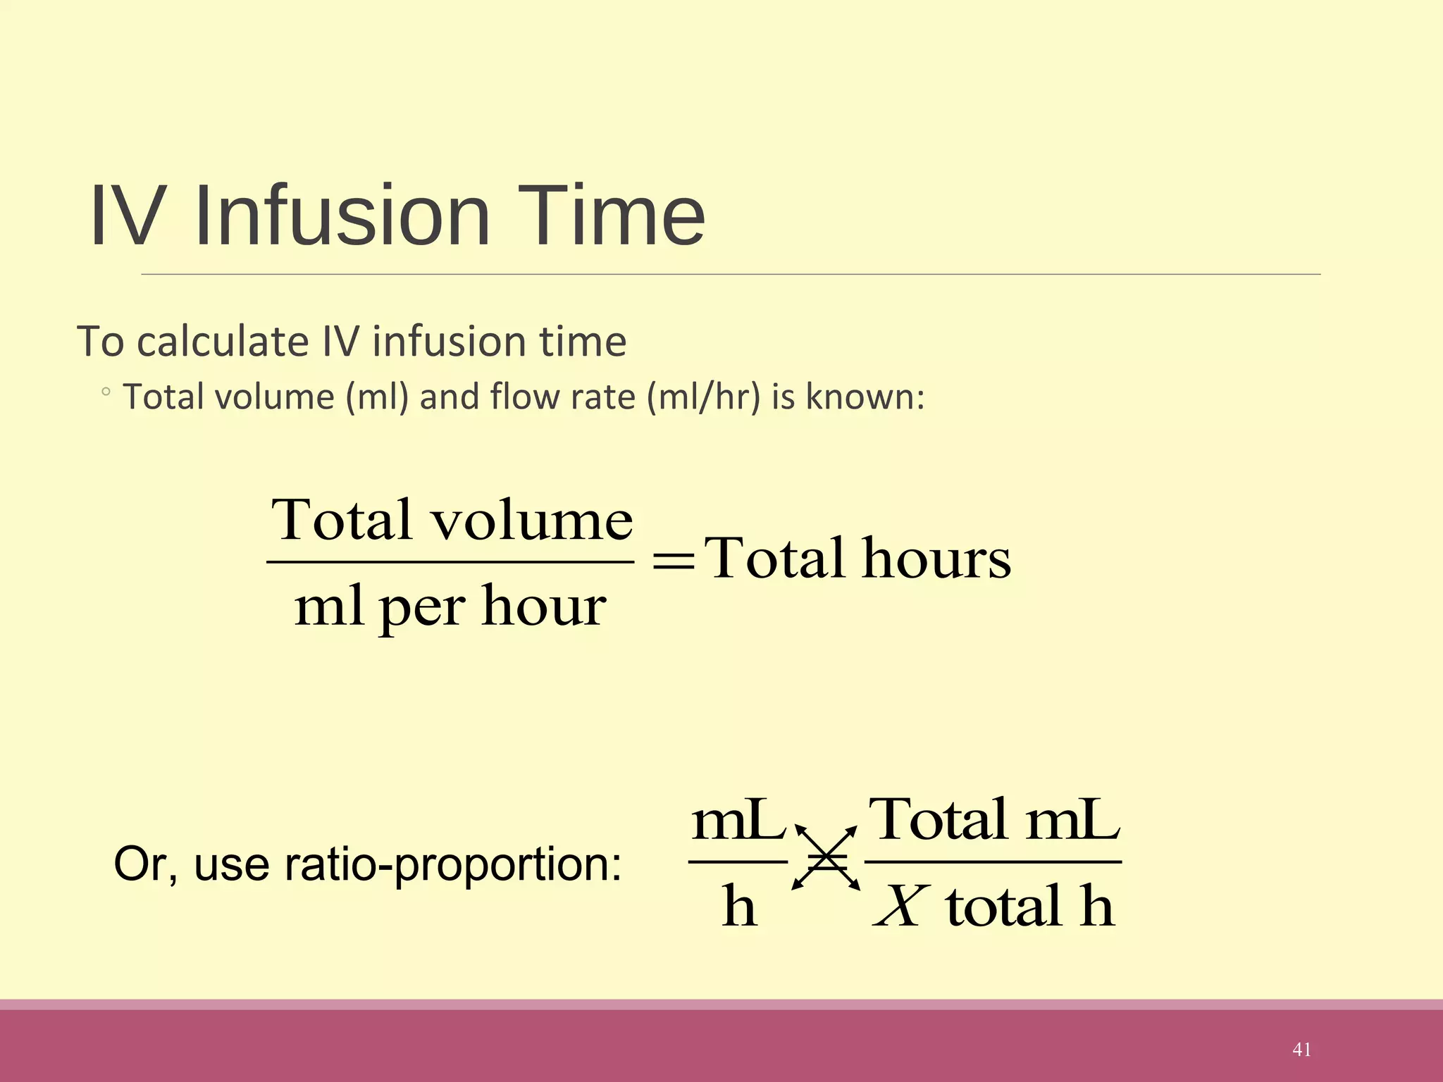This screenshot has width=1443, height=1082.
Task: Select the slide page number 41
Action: (1301, 1050)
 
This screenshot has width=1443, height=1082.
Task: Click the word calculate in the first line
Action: (223, 342)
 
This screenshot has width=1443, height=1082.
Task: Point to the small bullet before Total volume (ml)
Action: (106, 392)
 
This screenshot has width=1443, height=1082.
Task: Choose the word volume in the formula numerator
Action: (532, 521)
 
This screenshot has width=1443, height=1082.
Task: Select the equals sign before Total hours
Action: (674, 561)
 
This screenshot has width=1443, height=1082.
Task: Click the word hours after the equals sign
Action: (936, 559)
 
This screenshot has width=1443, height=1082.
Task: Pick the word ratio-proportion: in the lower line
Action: (453, 865)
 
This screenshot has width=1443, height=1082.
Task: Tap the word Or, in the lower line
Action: (145, 865)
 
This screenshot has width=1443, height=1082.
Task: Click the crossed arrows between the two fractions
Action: (826, 858)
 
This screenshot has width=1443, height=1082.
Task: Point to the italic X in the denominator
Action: (900, 907)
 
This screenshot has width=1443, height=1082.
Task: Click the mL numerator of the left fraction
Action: (738, 821)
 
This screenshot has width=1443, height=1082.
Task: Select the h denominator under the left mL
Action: (739, 907)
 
